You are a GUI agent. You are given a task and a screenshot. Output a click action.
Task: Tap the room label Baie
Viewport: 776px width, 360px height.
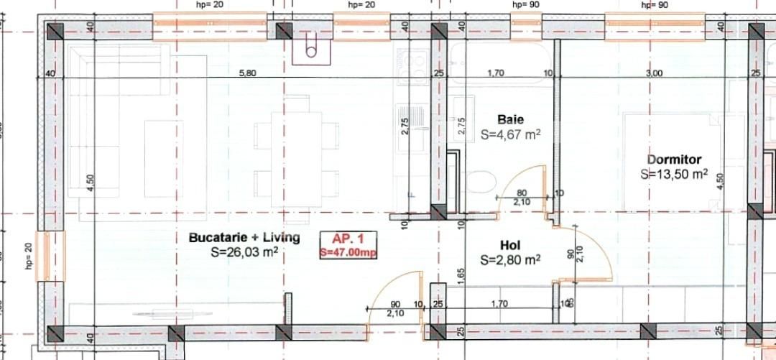click(511, 119)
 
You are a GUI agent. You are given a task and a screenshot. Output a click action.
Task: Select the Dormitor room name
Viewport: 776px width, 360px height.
click(674, 160)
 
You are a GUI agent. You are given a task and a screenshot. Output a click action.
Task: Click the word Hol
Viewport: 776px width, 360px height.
click(510, 244)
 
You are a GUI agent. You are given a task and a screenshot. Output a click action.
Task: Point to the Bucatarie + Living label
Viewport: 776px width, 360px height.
click(244, 237)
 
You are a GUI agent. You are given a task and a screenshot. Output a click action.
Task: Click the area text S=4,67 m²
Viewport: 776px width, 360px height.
click(510, 134)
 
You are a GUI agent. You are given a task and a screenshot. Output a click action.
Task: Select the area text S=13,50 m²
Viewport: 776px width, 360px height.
click(674, 174)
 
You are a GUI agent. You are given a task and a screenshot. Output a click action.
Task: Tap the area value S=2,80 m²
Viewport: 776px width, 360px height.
click(510, 259)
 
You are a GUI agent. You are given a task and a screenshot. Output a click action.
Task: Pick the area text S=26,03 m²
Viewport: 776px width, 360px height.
click(244, 252)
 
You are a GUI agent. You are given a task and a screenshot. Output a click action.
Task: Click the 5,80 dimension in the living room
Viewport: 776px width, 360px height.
click(247, 73)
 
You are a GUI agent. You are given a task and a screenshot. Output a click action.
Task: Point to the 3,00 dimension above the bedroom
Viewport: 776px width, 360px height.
click(654, 73)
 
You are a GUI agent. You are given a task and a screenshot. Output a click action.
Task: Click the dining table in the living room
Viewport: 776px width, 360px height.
click(296, 158)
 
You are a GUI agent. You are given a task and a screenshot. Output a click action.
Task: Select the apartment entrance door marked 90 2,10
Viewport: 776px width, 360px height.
click(394, 302)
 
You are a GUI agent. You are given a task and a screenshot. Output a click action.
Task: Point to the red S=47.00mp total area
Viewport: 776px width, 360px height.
click(349, 252)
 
